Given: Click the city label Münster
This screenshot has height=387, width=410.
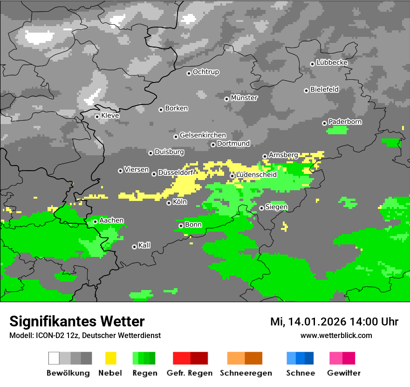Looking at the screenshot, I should [x=244, y=98].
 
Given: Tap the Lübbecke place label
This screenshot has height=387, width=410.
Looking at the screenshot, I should [x=332, y=62].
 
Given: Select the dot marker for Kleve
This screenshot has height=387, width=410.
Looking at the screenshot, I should [x=97, y=117].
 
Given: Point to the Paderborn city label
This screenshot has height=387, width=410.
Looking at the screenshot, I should [x=345, y=122].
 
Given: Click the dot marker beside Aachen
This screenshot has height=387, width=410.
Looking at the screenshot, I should [x=95, y=221].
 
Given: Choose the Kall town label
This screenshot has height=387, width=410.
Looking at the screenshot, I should [x=144, y=245].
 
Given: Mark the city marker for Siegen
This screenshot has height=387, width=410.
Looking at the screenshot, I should [x=262, y=208].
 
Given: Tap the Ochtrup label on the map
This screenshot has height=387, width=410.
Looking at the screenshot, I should [x=206, y=72].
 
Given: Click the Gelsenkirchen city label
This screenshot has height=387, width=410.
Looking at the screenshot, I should [x=203, y=135].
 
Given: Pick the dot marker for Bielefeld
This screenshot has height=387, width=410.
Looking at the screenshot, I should [x=306, y=90].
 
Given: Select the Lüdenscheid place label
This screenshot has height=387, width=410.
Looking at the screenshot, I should [x=256, y=175].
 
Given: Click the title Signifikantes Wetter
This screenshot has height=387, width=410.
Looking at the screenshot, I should [x=77, y=321].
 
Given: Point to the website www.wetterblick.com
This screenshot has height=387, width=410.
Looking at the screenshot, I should [x=336, y=335].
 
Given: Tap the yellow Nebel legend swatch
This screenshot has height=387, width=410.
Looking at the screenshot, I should [x=110, y=358].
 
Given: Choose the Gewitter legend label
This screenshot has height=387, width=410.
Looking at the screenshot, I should [x=344, y=373].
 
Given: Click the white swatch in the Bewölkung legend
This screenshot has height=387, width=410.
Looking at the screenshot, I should [x=54, y=358].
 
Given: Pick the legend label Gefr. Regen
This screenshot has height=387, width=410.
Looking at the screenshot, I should [x=190, y=373].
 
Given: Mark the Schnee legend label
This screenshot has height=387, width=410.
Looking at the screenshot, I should [x=301, y=373].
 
